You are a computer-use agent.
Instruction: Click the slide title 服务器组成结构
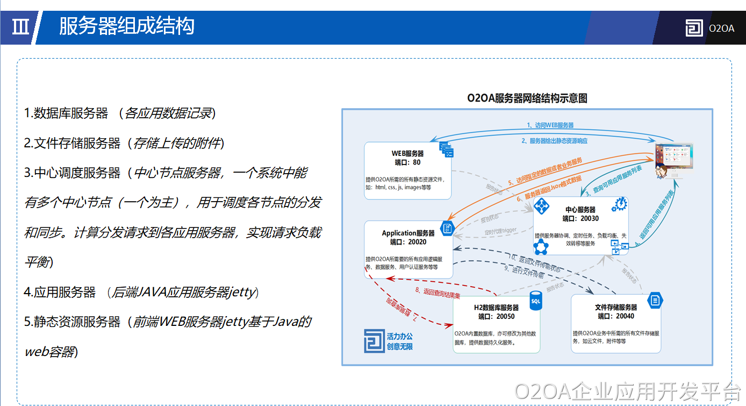pyautogui.click(x=126, y=26)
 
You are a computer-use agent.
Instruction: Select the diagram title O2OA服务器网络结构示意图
pyautogui.click(x=527, y=98)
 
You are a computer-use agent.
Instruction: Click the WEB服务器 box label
pyautogui.click(x=407, y=154)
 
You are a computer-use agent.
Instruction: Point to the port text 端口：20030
pyautogui.click(x=580, y=218)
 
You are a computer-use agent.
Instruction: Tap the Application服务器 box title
pyautogui.click(x=408, y=233)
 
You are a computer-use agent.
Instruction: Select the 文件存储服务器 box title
pyautogui.click(x=615, y=308)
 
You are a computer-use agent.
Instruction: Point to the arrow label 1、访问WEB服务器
pyautogui.click(x=550, y=125)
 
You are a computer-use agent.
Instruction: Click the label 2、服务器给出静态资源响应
pyautogui.click(x=555, y=141)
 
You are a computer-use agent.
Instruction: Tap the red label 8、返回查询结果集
pyautogui.click(x=437, y=293)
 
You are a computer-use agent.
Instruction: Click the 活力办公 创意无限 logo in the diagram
pyautogui.click(x=388, y=341)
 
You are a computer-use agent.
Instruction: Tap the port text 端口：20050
pyautogui.click(x=496, y=316)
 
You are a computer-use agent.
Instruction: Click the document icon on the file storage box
pyautogui.click(x=655, y=300)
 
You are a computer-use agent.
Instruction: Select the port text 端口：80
pyautogui.click(x=407, y=162)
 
